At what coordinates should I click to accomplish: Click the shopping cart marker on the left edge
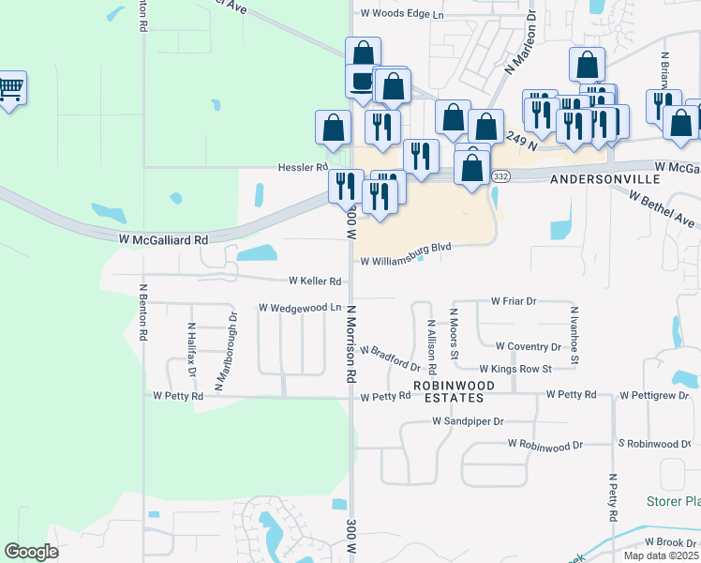point(10,90)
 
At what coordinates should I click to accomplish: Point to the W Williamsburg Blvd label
point(406,248)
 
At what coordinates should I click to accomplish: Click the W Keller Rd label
point(315,281)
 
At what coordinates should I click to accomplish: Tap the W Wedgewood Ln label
point(300,307)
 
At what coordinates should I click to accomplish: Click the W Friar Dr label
point(513,301)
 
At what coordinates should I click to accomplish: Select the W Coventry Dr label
point(528,346)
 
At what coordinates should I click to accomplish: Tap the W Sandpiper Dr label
point(469,421)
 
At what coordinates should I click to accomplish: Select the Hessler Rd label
point(302,167)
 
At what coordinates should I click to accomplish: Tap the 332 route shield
point(501,176)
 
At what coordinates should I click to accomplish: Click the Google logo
point(32,551)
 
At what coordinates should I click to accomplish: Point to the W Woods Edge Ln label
point(402,14)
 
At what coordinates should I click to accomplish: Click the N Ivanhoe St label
point(574,335)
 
